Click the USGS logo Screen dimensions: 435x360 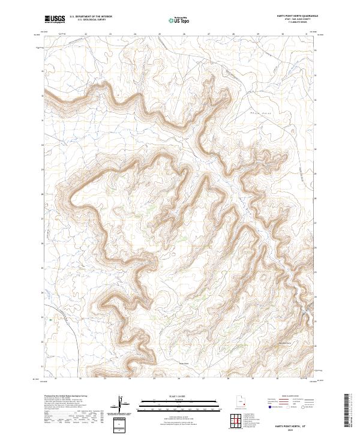55,19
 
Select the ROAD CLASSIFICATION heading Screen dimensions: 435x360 291,397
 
